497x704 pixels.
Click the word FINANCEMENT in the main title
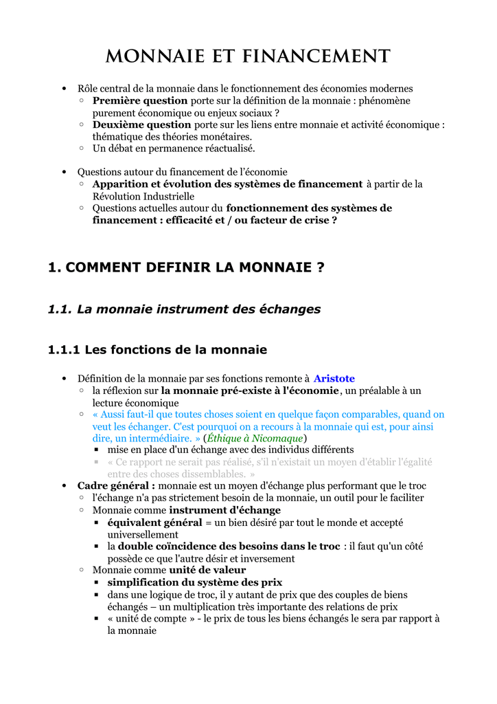[312, 56]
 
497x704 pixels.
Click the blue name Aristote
[334, 379]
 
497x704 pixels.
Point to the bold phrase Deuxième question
[141, 124]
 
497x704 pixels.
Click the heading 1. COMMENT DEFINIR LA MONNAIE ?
[186, 267]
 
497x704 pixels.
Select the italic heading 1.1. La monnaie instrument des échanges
[184, 309]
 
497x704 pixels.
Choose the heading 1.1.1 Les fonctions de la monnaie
[157, 350]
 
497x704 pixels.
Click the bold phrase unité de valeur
[207, 570]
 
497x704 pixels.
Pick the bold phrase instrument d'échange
[225, 510]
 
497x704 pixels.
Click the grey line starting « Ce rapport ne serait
[269, 462]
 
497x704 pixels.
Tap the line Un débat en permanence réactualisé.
[174, 148]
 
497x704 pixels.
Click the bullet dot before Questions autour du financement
[64, 172]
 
